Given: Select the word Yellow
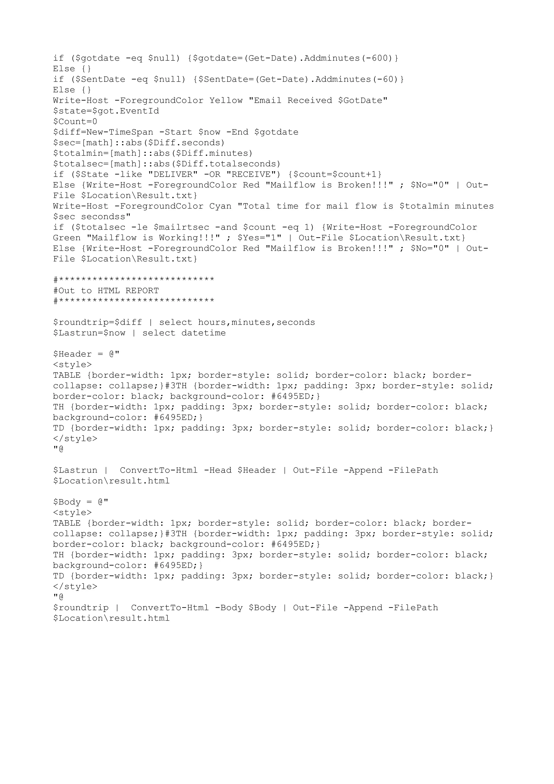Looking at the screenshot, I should coord(226,101).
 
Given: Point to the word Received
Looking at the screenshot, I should coord(310,101).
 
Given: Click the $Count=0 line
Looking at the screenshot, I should coord(75,122).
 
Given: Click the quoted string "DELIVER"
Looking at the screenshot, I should coord(173,174).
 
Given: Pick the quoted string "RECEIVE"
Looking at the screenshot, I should coord(253,174).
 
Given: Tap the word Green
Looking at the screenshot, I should coord(67,238).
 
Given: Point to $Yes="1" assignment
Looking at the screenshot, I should coord(259,238).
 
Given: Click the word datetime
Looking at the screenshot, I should coord(203,333).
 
